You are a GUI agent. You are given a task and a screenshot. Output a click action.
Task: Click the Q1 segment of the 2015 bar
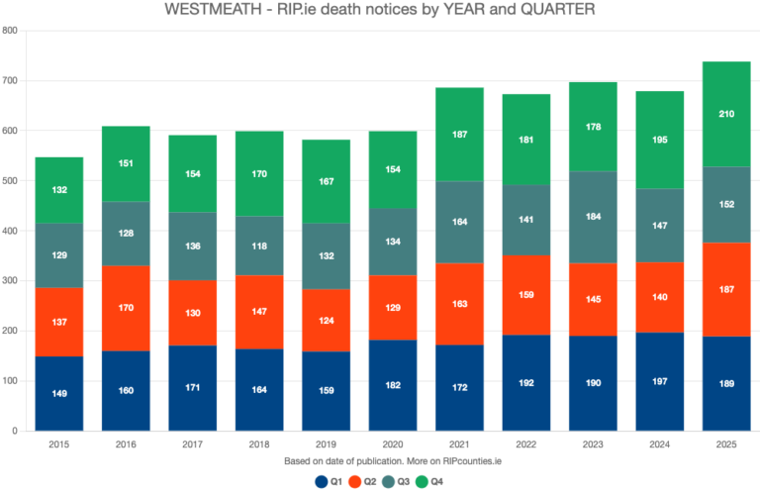(x=58, y=393)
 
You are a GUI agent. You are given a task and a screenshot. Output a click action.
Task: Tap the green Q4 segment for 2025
(x=725, y=114)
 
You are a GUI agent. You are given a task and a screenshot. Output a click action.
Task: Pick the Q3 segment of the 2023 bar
(x=593, y=217)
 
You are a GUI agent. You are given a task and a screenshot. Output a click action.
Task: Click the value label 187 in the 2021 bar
(x=459, y=135)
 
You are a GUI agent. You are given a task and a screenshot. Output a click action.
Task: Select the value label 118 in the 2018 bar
(x=258, y=247)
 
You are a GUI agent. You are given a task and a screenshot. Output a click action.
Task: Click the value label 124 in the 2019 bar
(x=326, y=321)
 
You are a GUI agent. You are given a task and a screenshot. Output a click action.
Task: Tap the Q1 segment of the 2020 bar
(x=392, y=385)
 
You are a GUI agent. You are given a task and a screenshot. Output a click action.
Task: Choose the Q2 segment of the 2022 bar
(x=525, y=294)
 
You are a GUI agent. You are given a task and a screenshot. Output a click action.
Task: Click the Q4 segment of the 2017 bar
(x=192, y=173)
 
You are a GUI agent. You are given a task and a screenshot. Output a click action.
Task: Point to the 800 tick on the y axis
(x=11, y=31)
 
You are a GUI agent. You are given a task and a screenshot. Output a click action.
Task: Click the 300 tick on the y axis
(x=11, y=281)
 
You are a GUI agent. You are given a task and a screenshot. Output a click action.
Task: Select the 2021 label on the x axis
(x=459, y=445)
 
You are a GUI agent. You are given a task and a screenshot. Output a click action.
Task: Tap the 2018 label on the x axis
(x=258, y=445)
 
